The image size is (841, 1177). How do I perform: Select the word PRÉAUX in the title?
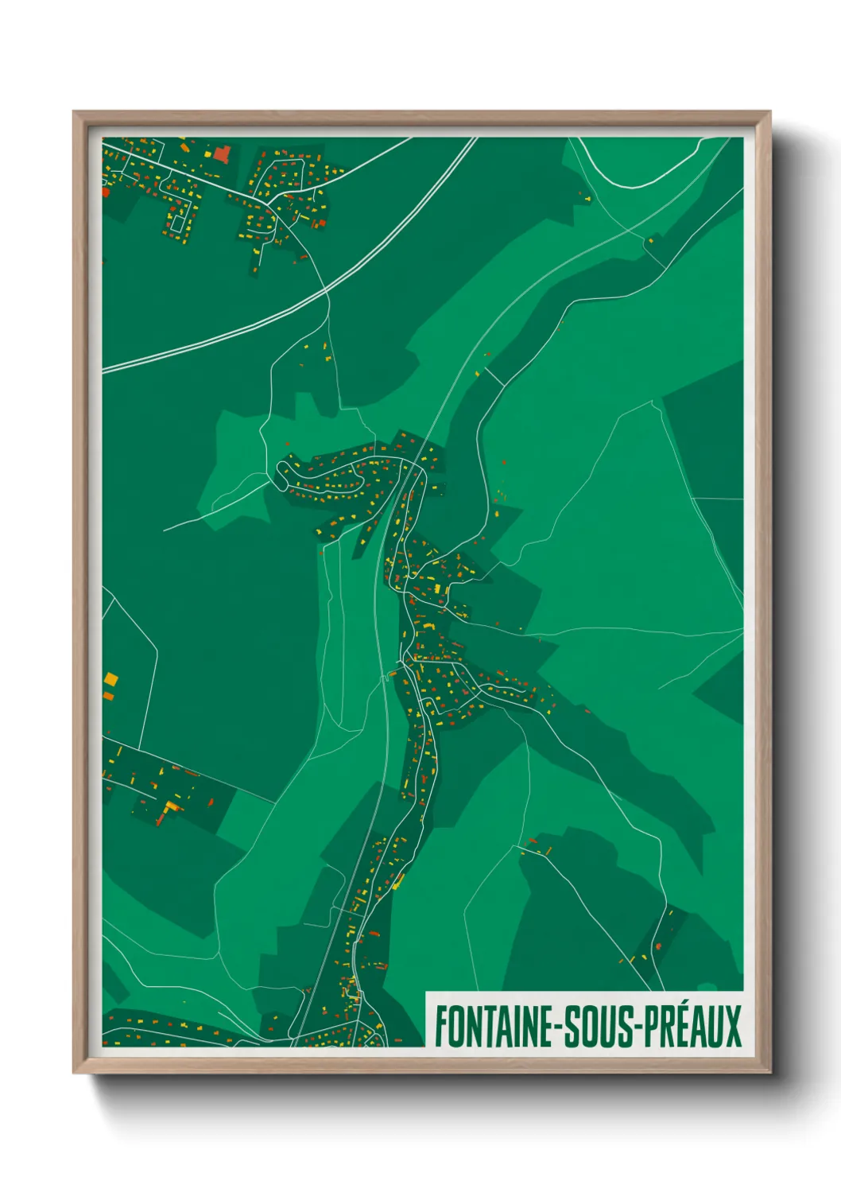point(692,1027)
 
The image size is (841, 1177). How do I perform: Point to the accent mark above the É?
point(676,1004)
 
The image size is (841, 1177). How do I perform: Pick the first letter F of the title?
point(440,1027)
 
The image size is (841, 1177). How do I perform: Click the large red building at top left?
point(222,153)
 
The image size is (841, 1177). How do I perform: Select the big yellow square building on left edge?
point(110,679)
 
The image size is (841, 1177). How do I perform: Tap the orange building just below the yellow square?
point(109,697)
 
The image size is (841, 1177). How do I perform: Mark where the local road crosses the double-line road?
point(325,293)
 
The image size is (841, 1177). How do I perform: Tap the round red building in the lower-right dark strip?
point(658,946)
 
